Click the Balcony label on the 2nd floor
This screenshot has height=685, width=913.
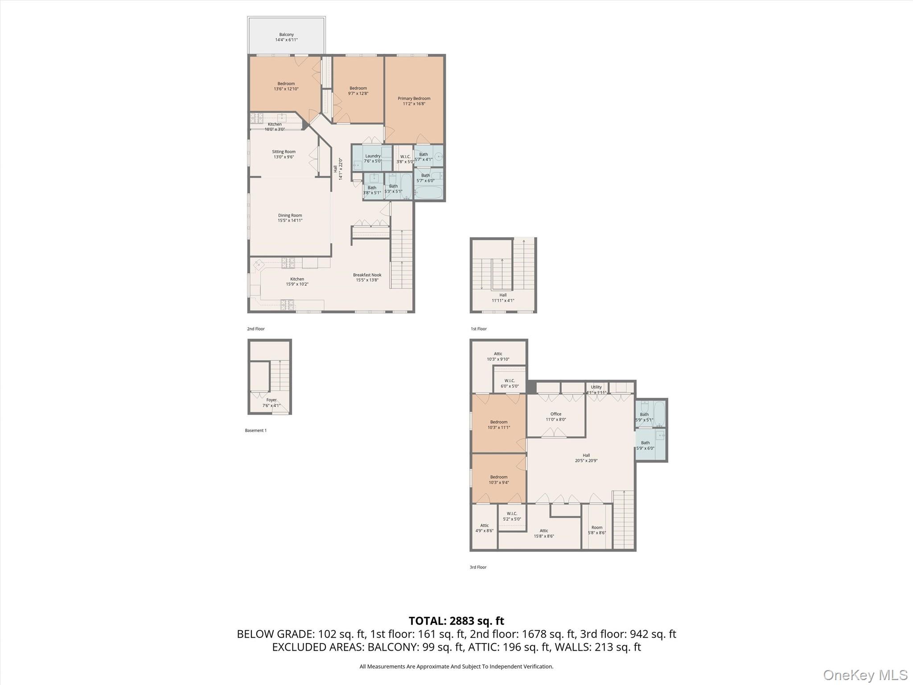coord(286,34)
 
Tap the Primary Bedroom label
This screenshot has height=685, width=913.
coord(414,99)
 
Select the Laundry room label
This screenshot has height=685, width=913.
coord(373,156)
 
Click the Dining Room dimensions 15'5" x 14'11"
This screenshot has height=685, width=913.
coord(290,220)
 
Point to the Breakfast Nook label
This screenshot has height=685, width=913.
coord(367,275)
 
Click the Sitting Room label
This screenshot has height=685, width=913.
coord(284,152)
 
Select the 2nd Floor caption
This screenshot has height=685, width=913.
coord(256,329)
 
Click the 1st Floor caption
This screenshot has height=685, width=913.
coord(478,329)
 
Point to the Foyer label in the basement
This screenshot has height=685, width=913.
coord(271,400)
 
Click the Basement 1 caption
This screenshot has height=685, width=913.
coord(255,430)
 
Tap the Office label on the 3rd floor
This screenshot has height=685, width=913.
coord(555,414)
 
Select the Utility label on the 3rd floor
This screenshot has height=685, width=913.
coord(596,387)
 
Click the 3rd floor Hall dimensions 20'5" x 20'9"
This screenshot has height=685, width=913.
coord(586,461)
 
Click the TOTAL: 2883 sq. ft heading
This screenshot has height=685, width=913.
coord(456,621)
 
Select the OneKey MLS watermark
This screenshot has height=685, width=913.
coord(865,675)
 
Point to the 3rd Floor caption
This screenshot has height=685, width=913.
coord(478,567)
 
